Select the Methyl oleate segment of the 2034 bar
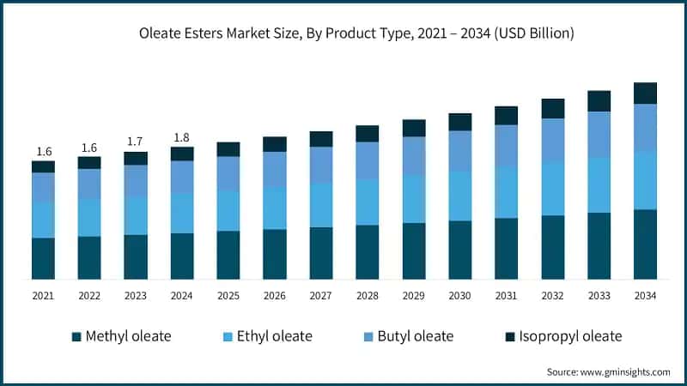[645, 244]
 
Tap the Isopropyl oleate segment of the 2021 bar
[43, 166]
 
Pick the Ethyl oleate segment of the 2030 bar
[460, 196]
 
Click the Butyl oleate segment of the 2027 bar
[321, 165]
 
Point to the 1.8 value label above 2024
[182, 137]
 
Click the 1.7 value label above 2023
[136, 142]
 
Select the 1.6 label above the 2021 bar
[43, 151]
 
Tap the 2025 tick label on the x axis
[228, 295]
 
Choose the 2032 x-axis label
[552, 295]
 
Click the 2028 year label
[368, 295]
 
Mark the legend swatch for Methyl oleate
[76, 336]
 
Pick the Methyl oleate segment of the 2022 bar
[89, 257]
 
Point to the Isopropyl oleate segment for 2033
[599, 101]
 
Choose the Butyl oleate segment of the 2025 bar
[228, 173]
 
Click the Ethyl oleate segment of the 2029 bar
[414, 199]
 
